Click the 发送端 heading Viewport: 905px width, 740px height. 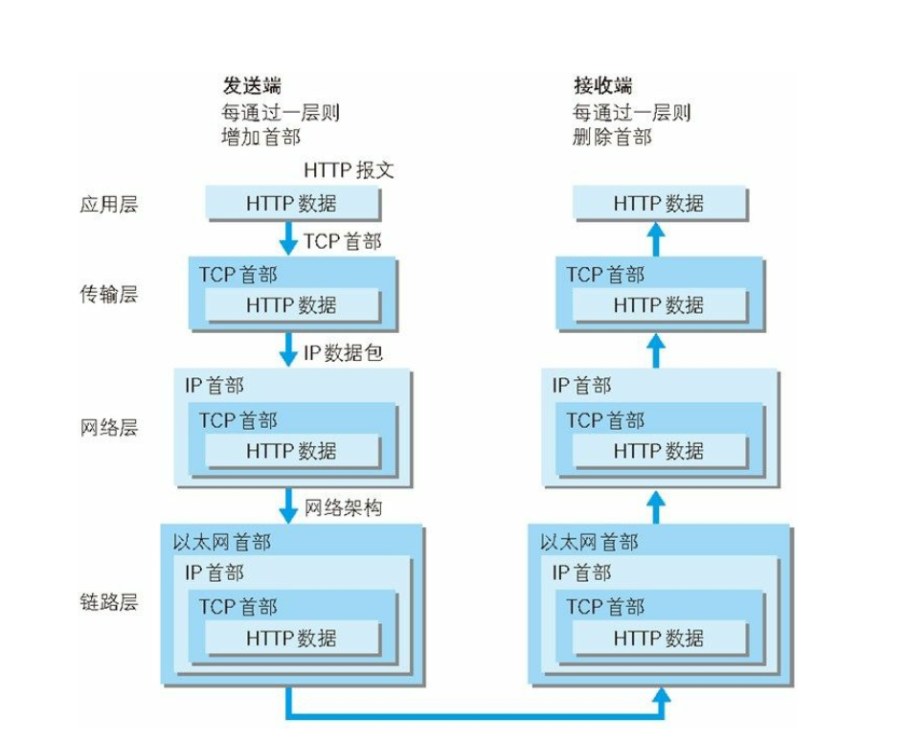click(x=252, y=85)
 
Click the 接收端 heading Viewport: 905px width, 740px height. click(x=603, y=85)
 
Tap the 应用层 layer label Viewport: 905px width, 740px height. click(x=109, y=204)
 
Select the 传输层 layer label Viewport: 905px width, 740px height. click(x=109, y=294)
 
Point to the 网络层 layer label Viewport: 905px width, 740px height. click(x=109, y=427)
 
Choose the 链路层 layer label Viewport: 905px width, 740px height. click(x=109, y=601)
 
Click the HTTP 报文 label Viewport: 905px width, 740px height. click(x=350, y=170)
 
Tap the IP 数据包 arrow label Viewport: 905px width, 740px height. click(x=344, y=352)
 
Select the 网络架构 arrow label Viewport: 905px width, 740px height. click(x=344, y=507)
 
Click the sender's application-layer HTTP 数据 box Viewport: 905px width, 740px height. click(x=293, y=203)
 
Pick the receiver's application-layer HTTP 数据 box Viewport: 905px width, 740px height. click(x=660, y=203)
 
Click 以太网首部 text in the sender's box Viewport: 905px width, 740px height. click(x=222, y=542)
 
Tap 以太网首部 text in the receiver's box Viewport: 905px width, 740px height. click(x=589, y=542)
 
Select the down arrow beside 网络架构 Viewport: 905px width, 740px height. click(x=288, y=505)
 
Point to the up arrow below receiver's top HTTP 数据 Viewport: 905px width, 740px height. click(x=656, y=239)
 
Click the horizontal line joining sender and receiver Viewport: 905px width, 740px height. click(x=474, y=716)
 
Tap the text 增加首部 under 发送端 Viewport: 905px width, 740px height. click(x=260, y=137)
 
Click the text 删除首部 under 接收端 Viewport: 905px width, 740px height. click(x=612, y=137)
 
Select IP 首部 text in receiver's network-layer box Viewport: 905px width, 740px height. click(x=582, y=385)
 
